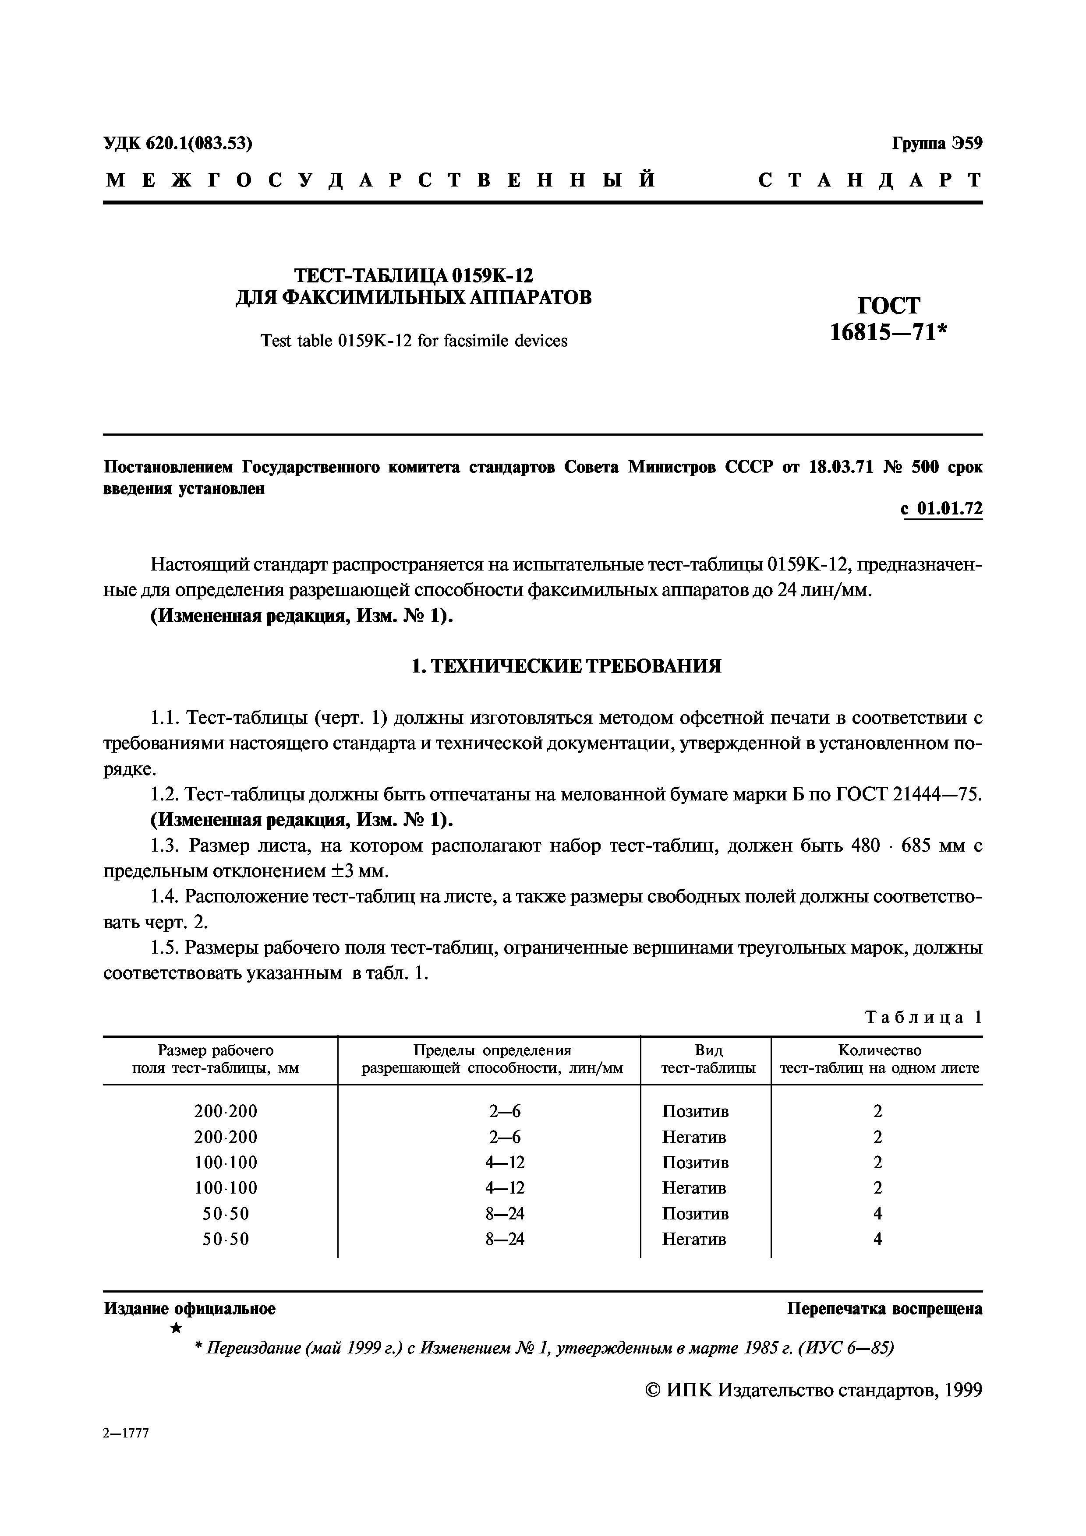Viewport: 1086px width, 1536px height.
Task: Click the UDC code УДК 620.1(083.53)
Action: pos(178,143)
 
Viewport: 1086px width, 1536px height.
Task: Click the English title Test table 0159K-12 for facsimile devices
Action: pos(414,341)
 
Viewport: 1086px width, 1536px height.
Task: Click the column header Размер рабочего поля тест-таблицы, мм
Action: pos(216,1060)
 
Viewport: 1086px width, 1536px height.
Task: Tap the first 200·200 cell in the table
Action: pos(226,1112)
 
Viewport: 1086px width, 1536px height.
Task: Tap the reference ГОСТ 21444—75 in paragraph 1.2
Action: pos(903,795)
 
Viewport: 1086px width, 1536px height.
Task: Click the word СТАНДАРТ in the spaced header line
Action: pos(870,180)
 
